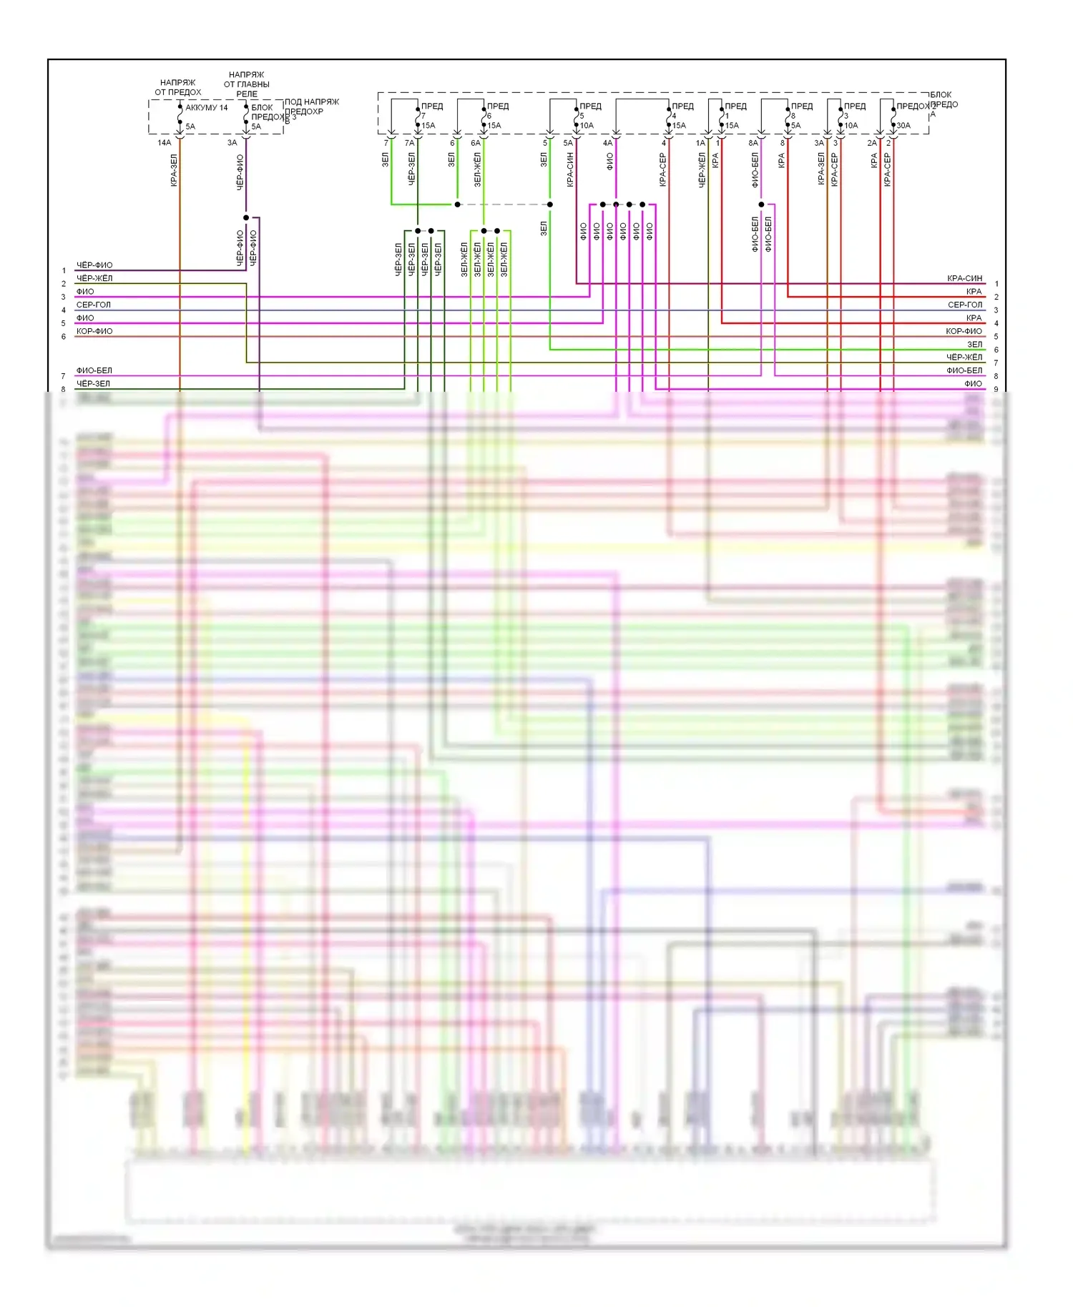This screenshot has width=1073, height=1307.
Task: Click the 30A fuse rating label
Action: (903, 126)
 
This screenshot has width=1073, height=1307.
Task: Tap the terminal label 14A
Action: (164, 143)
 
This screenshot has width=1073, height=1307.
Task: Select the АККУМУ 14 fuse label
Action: (206, 108)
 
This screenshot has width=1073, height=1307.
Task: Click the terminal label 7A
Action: (409, 143)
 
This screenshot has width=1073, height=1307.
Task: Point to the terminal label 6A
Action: (475, 143)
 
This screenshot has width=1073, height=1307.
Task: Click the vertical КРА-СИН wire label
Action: (570, 170)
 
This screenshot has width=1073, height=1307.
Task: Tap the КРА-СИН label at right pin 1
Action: (964, 278)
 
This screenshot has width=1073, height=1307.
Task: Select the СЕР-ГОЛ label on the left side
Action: (94, 305)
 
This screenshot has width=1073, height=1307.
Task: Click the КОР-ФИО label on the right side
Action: (964, 331)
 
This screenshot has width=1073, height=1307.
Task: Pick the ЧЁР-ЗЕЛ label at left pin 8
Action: (94, 384)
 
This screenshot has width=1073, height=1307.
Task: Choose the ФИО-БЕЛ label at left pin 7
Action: (94, 370)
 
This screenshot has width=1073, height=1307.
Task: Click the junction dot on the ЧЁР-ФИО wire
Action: (246, 217)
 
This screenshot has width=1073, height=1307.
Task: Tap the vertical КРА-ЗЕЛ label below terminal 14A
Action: (174, 170)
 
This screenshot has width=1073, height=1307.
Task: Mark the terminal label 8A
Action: (753, 143)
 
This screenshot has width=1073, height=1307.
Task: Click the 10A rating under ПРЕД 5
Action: (587, 126)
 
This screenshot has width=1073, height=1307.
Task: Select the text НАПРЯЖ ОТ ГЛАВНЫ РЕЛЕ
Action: (246, 84)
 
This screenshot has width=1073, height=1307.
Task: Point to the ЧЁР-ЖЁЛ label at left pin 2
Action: (94, 278)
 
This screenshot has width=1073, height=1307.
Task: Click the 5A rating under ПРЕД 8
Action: (795, 126)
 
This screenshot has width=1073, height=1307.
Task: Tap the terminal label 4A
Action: (607, 143)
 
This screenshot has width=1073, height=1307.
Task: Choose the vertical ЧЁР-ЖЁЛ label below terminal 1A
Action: (702, 170)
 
